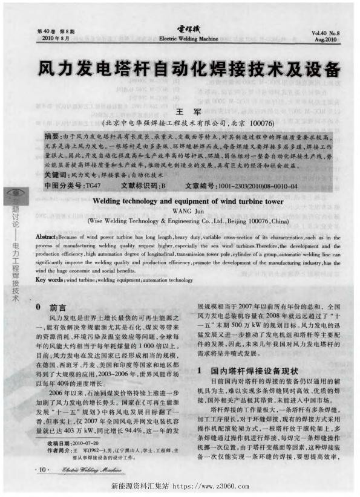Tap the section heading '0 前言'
pos(53,306)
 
